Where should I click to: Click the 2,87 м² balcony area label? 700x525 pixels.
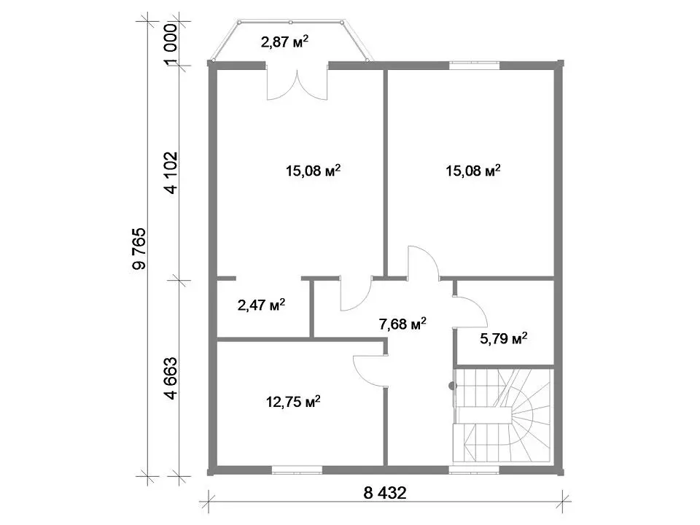click(x=284, y=42)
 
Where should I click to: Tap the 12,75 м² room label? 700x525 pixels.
click(x=293, y=402)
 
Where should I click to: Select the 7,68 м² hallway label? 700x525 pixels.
click(x=402, y=324)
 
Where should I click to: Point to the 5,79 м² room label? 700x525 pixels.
click(x=504, y=338)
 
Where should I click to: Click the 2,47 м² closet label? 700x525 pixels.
click(x=261, y=306)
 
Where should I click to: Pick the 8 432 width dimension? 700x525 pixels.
click(x=385, y=494)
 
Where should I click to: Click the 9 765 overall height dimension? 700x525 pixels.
click(x=139, y=249)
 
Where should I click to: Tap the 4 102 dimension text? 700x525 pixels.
click(x=171, y=173)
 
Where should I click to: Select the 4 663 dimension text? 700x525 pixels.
click(x=171, y=378)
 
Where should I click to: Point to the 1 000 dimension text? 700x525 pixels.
click(x=171, y=44)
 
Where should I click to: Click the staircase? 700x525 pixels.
click(x=504, y=415)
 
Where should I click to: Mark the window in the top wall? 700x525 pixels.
click(x=474, y=65)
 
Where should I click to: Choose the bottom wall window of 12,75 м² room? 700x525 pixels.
click(x=297, y=470)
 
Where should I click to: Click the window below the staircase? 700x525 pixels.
click(x=474, y=470)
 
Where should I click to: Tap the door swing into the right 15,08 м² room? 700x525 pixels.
click(x=424, y=262)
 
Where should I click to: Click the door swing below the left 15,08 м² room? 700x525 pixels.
click(x=356, y=294)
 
